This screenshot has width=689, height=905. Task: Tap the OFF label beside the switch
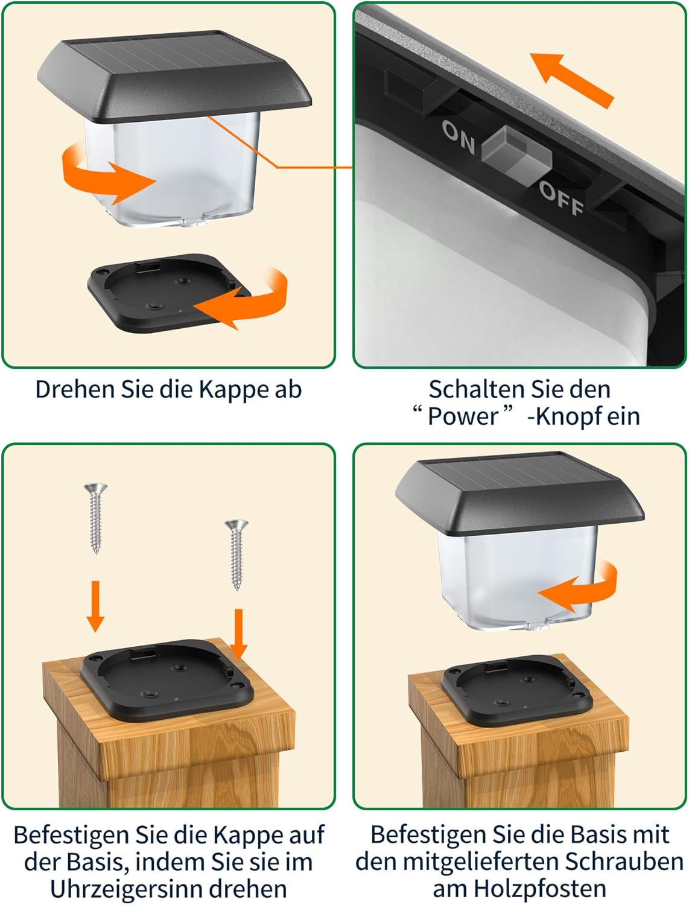tap(561, 198)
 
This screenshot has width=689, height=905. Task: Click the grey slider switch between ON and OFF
tap(516, 156)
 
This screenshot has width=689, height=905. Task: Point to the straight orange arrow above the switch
tap(572, 80)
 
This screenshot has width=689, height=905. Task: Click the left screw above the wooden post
tap(96, 518)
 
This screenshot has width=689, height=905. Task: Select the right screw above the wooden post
tap(237, 554)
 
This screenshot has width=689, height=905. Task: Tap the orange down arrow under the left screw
tap(95, 606)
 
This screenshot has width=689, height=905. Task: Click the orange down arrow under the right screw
tap(238, 634)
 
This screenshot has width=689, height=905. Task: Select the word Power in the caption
tap(463, 416)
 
